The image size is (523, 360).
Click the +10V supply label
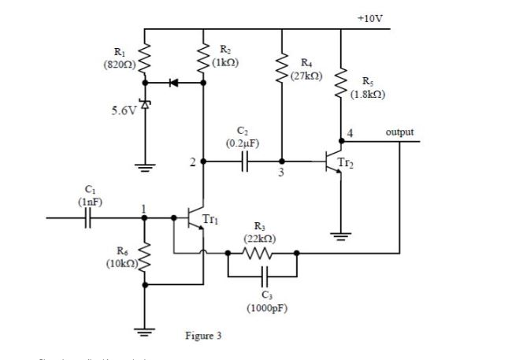pyautogui.click(x=369, y=17)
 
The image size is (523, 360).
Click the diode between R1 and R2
pyautogui.click(x=174, y=82)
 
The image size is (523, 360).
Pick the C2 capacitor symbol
pyautogui.click(x=244, y=161)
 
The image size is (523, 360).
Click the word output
pyautogui.click(x=399, y=132)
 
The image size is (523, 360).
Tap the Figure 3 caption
pyautogui.click(x=202, y=336)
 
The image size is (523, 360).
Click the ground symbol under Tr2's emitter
pyautogui.click(x=340, y=236)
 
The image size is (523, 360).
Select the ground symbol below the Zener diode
pyautogui.click(x=144, y=166)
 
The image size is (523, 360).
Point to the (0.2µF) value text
pyautogui.click(x=243, y=143)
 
